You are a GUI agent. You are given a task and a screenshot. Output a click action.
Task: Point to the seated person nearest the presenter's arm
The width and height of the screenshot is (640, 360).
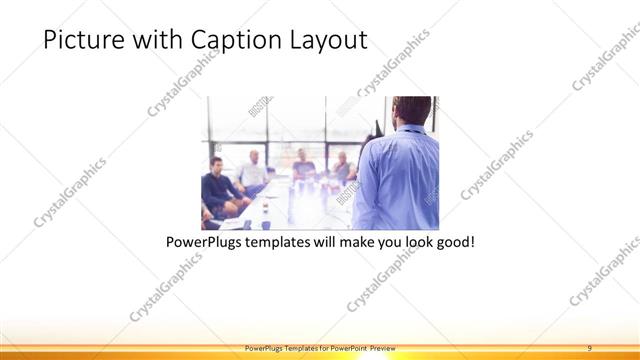342,167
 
